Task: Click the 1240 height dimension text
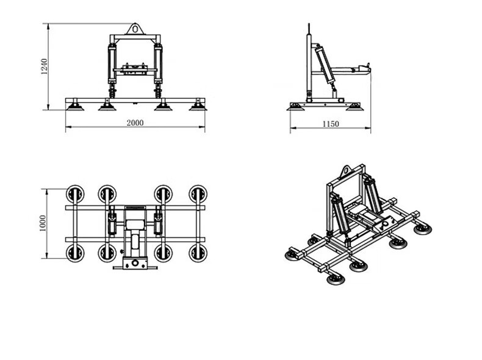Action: click(45, 67)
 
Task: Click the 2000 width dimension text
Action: click(135, 123)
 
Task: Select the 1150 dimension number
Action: click(331, 124)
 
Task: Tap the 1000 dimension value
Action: click(43, 223)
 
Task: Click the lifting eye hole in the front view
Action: click(135, 29)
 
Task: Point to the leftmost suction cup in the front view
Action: click(75, 106)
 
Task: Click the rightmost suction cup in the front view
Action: click(197, 106)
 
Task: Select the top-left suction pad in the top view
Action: click(75, 194)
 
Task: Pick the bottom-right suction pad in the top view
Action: click(198, 253)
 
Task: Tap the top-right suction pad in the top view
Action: click(198, 194)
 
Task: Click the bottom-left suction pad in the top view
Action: click(75, 253)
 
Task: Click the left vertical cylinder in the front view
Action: click(112, 63)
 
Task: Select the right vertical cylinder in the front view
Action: click(158, 63)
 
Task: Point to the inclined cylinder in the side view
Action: click(325, 65)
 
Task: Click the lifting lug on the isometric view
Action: click(347, 171)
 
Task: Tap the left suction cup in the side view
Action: click(296, 107)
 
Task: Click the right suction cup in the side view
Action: click(354, 107)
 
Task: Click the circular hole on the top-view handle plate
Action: click(135, 263)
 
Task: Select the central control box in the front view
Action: click(135, 70)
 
